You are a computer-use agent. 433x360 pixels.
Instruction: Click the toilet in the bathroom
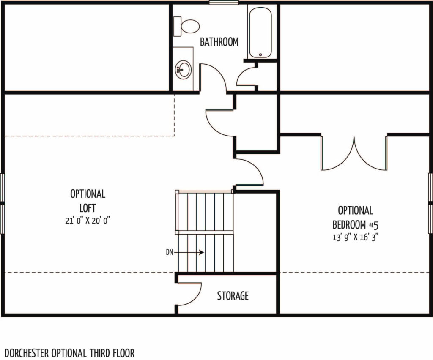186,26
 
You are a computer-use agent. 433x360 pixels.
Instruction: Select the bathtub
260,33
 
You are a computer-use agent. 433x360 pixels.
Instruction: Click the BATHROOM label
219,42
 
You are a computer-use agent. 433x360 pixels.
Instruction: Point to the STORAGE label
233,296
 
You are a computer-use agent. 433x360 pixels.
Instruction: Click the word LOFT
88,208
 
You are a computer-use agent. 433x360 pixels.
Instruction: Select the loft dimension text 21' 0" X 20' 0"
88,221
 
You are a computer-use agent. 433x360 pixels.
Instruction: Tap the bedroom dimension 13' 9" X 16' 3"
355,237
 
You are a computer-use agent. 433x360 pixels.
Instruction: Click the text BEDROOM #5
355,225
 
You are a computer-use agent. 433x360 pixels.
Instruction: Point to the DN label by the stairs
170,252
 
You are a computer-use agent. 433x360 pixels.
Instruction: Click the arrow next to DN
189,252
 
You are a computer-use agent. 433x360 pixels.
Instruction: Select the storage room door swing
189,294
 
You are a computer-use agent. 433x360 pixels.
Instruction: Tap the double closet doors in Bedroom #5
354,153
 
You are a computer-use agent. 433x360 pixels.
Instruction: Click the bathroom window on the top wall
224,3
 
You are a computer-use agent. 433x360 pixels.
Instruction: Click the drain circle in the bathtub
260,55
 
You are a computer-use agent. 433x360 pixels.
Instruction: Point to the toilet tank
177,26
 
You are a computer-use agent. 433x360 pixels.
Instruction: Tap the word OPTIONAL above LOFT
88,194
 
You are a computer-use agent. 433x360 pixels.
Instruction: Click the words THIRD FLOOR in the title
112,353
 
